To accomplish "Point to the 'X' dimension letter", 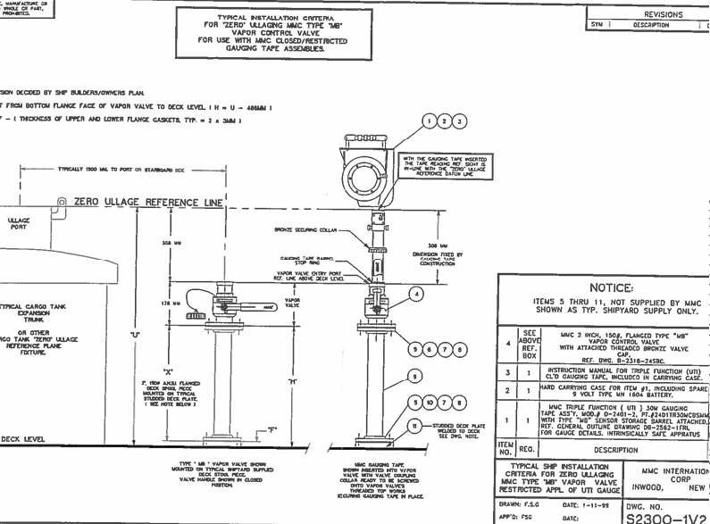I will point(168,370).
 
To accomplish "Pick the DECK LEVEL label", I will point(22,438).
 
